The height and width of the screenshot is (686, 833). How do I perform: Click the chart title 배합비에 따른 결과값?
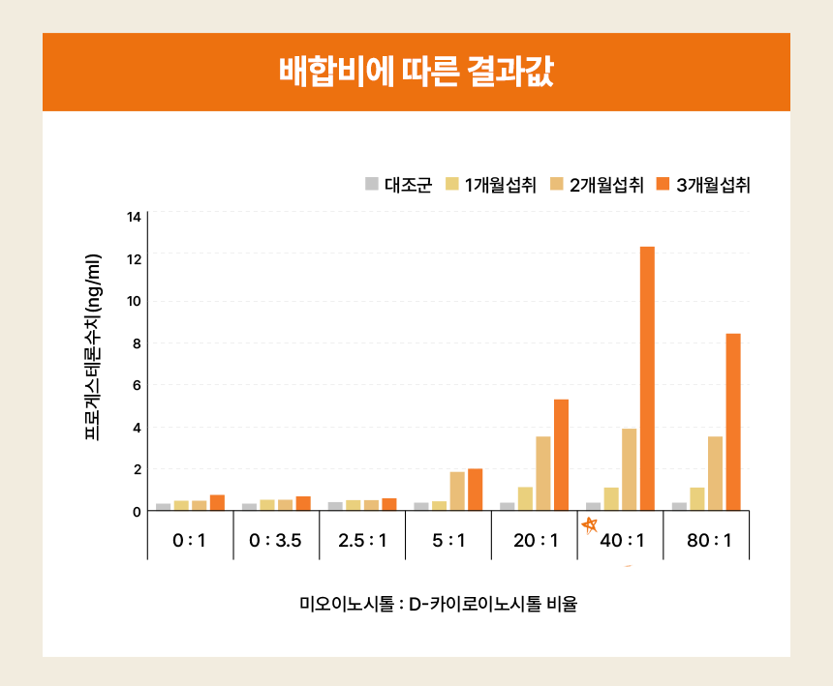tap(416, 73)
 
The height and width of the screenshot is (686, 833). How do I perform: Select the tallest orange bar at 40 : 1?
tap(647, 378)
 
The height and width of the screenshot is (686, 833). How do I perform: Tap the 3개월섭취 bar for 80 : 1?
tap(733, 422)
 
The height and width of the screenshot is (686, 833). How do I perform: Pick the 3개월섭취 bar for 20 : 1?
tap(561, 455)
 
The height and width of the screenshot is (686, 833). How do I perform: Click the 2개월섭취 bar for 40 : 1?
tap(630, 469)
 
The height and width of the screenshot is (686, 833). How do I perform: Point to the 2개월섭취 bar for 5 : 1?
tap(457, 492)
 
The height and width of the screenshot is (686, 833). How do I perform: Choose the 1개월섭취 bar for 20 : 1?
tap(525, 499)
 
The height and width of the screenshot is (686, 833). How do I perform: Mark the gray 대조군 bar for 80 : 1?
tap(679, 506)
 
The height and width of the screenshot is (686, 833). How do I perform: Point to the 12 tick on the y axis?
tap(135, 258)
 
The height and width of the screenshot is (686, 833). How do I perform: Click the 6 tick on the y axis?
tap(137, 385)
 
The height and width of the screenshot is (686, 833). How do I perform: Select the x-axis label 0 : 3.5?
tap(276, 540)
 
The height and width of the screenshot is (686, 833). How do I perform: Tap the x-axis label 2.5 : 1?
tap(362, 540)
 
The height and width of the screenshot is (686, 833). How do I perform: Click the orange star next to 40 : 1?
tap(589, 525)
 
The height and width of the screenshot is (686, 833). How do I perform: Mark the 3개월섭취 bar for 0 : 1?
tap(217, 503)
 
